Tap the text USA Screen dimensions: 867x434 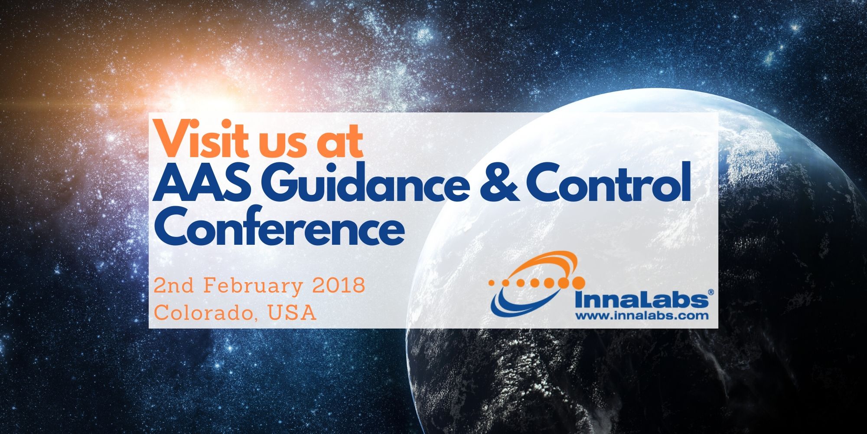click(x=292, y=313)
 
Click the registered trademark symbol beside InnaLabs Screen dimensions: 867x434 click(x=711, y=293)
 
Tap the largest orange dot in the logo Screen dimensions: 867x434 click(x=578, y=283)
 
